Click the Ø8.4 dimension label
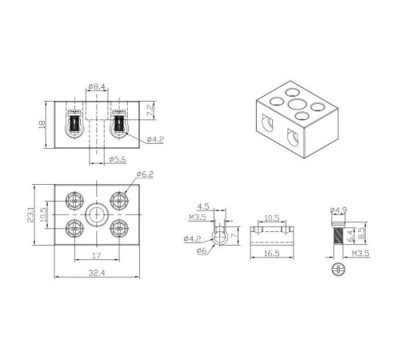click(97, 86)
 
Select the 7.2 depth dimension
click(150, 110)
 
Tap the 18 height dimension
click(42, 124)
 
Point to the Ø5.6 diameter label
click(118, 159)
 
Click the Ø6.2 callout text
click(145, 174)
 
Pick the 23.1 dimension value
click(30, 214)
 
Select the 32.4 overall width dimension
click(97, 273)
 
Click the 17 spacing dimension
click(97, 255)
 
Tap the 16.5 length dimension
click(272, 253)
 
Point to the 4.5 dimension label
click(203, 206)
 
